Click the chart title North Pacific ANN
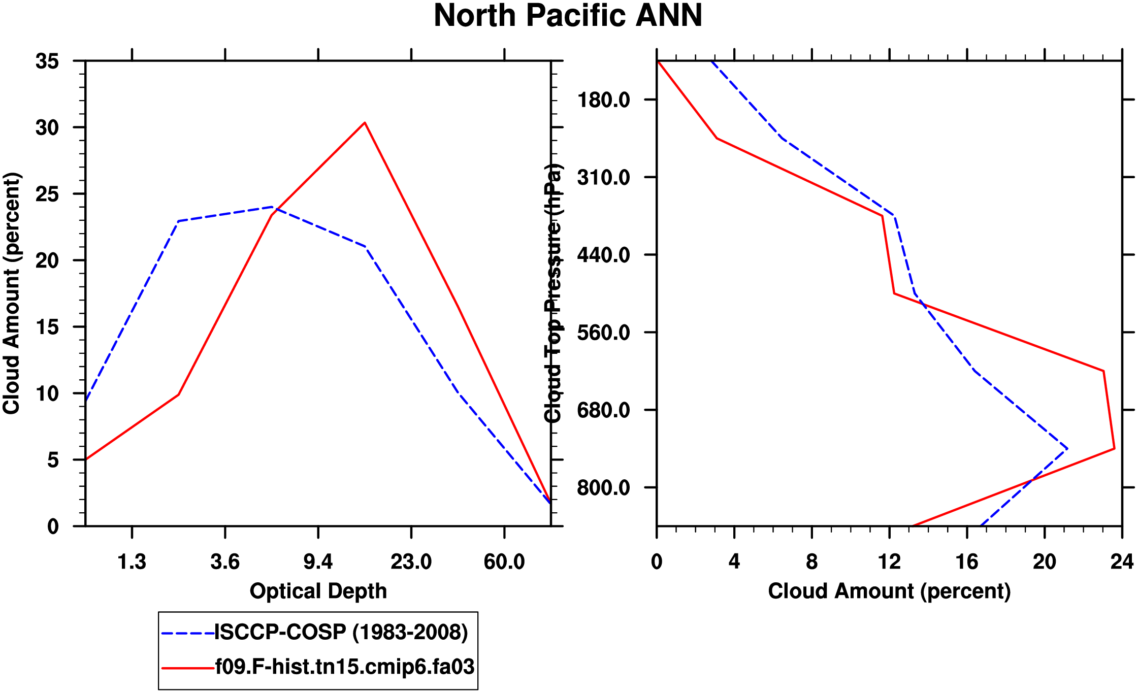[568, 16]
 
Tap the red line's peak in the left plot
[365, 122]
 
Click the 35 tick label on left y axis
[47, 61]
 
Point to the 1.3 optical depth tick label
[132, 562]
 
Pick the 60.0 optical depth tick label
[504, 562]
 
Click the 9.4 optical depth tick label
[318, 562]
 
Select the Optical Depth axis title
[318, 591]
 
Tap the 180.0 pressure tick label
[604, 100]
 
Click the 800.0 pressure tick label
[604, 488]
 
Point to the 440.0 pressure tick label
[604, 255]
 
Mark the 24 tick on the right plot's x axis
[1122, 562]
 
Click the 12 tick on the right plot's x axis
[889, 562]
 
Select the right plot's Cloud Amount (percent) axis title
[889, 591]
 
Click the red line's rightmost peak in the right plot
[1114, 448]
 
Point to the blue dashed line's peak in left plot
[272, 207]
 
